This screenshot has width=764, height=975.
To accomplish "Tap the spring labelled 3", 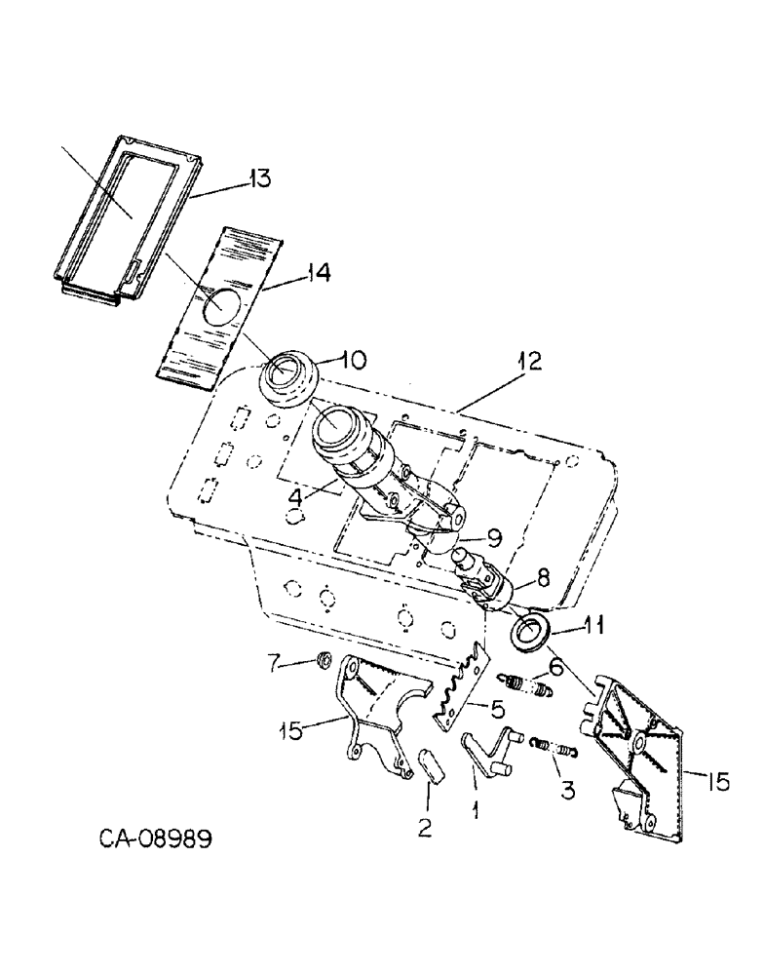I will (x=555, y=752).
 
